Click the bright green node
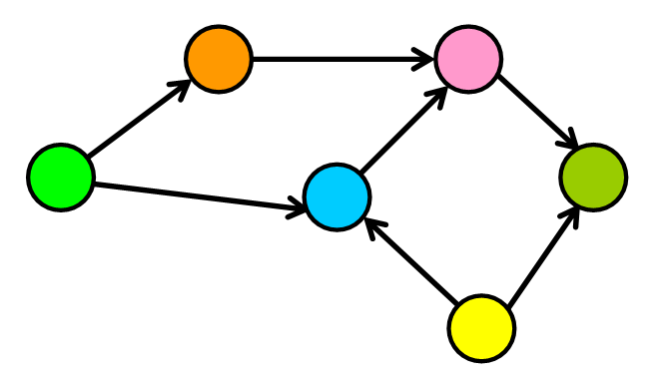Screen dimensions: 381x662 point(61,178)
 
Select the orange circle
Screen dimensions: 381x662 point(219,59)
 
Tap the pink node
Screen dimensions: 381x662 point(468,59)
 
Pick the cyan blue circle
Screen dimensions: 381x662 point(337,197)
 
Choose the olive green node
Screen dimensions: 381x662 point(593,178)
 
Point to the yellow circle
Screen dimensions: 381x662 point(481,327)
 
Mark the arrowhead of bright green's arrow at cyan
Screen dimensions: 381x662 point(298,209)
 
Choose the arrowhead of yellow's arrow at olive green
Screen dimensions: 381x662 point(571,212)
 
